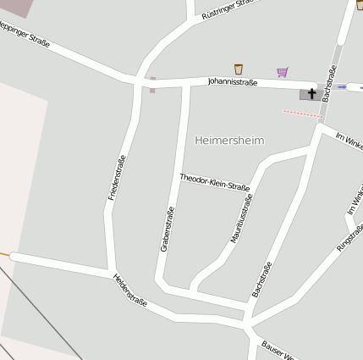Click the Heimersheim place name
tap(229, 140)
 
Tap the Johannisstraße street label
tap(232, 82)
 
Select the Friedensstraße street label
tap(117, 178)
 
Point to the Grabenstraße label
tap(167, 230)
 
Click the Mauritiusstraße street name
tap(242, 219)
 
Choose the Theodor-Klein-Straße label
tap(214, 182)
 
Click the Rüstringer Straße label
tap(228, 9)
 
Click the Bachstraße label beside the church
tap(329, 86)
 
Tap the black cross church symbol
tap(311, 93)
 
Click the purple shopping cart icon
tap(282, 72)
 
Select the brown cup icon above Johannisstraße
tap(239, 69)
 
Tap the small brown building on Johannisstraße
tap(152, 85)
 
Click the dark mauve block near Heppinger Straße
tap(18, 8)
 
